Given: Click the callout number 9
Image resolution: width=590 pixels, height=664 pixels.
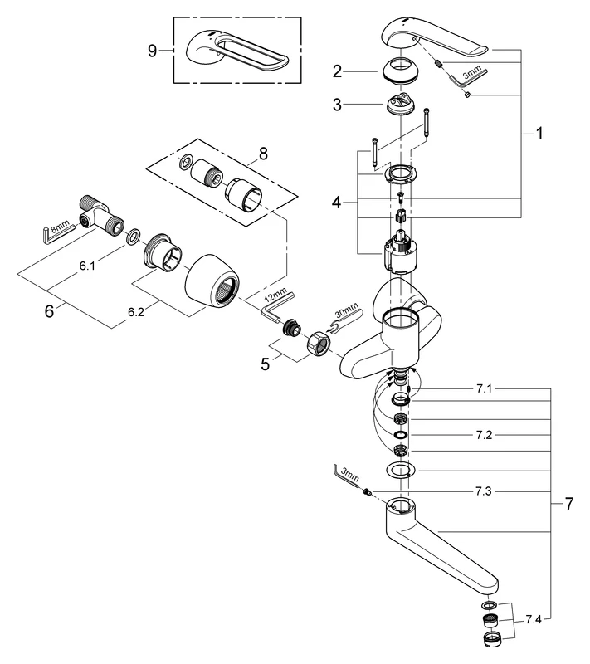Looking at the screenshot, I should [151, 50].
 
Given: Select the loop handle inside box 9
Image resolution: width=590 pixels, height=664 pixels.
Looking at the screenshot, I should [241, 51].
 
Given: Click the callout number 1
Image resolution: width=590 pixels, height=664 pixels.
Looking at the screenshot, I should [539, 133].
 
